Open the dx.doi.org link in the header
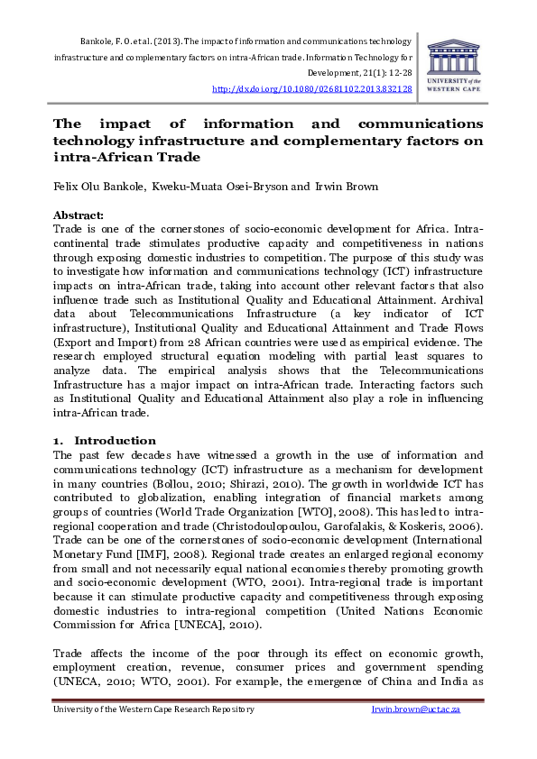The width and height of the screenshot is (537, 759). [x=311, y=89]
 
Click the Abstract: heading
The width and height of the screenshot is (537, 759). [x=79, y=215]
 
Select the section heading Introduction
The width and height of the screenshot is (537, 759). [x=115, y=440]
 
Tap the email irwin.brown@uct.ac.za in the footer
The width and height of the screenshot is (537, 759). [x=429, y=709]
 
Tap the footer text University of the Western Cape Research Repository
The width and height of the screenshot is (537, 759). [x=154, y=709]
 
